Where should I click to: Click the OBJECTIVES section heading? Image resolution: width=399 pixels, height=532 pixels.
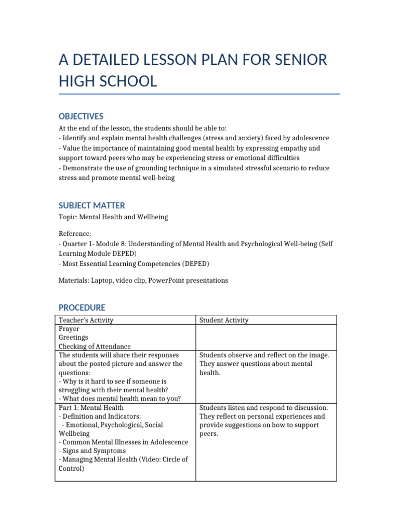[x=81, y=116]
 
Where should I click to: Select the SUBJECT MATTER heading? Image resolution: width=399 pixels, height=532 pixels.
[x=91, y=206]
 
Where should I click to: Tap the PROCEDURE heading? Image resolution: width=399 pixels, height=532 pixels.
[x=82, y=308]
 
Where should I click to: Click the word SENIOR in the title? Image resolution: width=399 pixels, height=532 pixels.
[x=300, y=60]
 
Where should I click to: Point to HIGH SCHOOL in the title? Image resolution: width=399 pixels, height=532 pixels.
[x=108, y=82]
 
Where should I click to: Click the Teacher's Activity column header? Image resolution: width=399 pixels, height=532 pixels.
[x=86, y=320]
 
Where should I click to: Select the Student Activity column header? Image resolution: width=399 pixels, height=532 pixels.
[x=224, y=320]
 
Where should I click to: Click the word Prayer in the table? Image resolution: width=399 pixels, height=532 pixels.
[x=69, y=329]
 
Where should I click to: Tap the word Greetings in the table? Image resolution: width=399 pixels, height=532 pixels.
[x=74, y=338]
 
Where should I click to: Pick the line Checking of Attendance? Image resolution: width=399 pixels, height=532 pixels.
[x=95, y=347]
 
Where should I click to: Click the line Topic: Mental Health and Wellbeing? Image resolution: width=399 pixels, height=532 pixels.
[x=113, y=217]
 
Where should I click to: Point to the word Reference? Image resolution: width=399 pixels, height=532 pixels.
[x=75, y=234]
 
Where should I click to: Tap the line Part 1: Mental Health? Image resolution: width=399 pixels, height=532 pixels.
[x=91, y=408]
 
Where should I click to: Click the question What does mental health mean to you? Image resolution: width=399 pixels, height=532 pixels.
[x=121, y=398]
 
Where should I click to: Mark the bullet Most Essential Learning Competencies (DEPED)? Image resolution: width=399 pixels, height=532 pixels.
[x=135, y=264]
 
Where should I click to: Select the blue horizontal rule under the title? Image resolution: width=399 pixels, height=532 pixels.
[x=199, y=95]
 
